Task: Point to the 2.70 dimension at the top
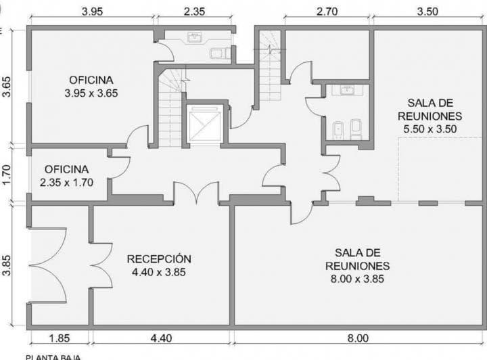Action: coord(327,12)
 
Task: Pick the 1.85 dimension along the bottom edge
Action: coord(60,338)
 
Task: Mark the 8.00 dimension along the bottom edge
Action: coord(358,338)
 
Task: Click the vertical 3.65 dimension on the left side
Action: coord(7,86)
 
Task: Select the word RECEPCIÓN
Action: coord(159,258)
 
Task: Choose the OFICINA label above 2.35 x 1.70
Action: coord(66,169)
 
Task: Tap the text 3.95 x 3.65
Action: coord(91,93)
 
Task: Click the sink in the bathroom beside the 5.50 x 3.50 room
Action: coord(347,89)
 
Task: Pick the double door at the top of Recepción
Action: coord(195,194)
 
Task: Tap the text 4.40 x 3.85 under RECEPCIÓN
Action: coord(159,272)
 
